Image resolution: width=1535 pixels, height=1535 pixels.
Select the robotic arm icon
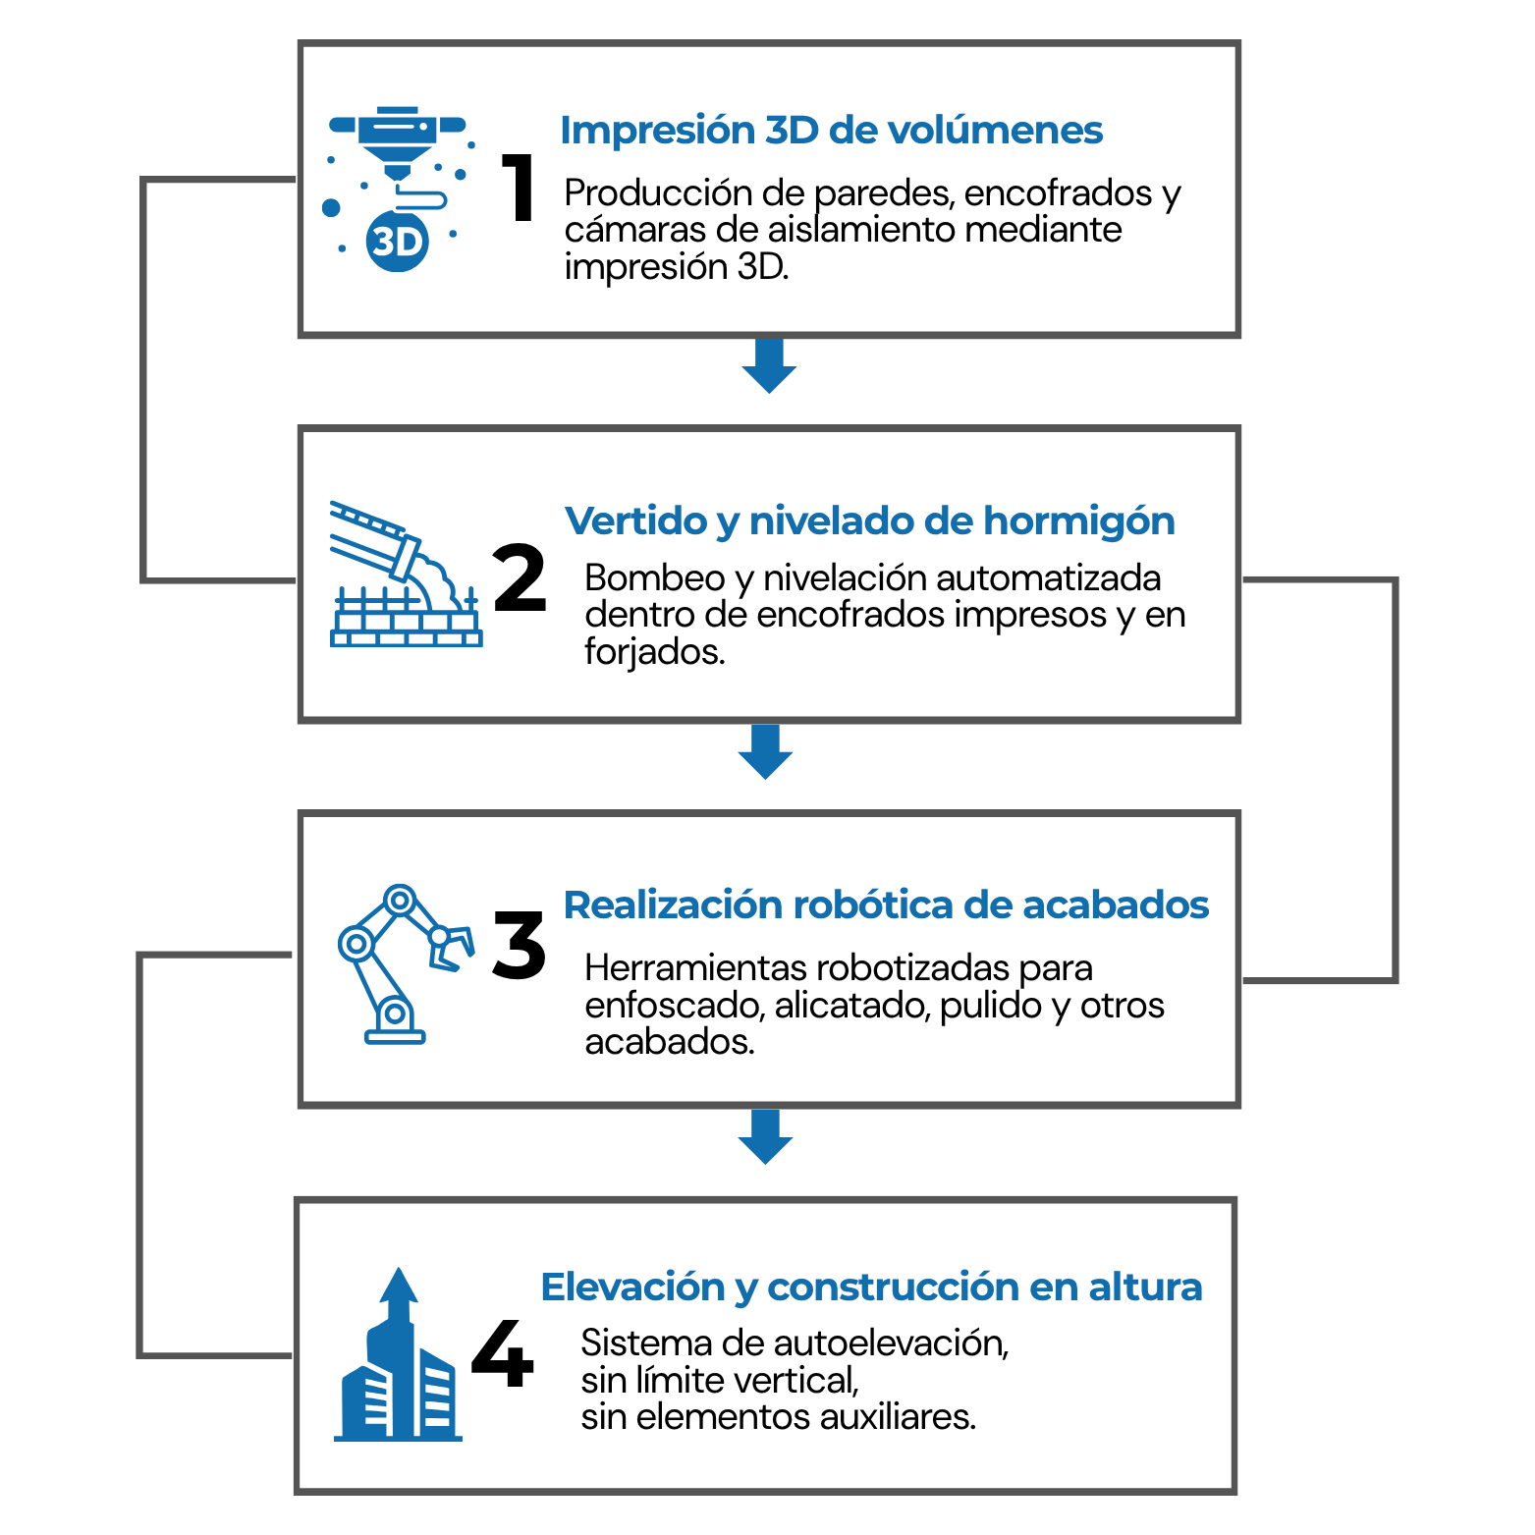(x=404, y=962)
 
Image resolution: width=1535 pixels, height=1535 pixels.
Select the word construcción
(x=892, y=1288)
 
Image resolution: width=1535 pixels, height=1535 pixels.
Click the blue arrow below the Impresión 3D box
(x=769, y=366)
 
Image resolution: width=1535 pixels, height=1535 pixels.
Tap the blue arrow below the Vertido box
(x=766, y=752)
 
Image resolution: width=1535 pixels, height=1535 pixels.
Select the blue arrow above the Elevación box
(x=766, y=1137)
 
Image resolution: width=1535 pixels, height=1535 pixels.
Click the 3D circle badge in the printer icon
(x=398, y=241)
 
